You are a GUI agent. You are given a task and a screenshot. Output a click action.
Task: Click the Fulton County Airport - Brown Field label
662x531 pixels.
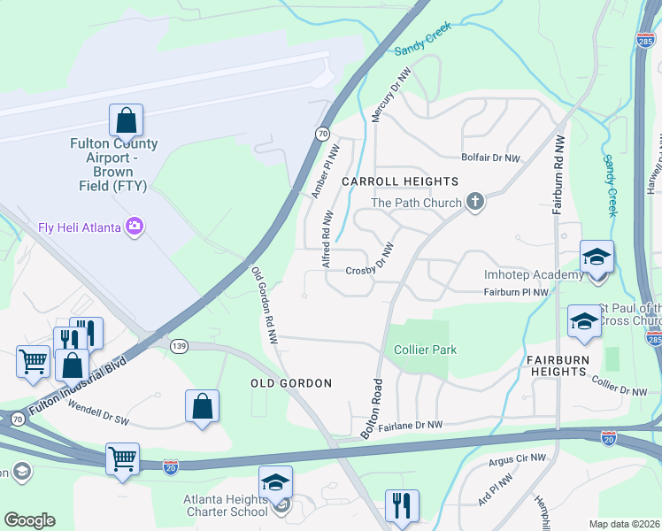(x=114, y=165)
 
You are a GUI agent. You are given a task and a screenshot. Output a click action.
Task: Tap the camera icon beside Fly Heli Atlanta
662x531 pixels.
(x=135, y=227)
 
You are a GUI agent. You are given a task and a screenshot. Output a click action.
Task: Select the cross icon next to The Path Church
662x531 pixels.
(x=475, y=203)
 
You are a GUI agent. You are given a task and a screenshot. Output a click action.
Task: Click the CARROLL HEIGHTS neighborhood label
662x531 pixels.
(x=388, y=181)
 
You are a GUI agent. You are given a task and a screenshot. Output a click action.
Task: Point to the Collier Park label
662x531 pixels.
(x=425, y=350)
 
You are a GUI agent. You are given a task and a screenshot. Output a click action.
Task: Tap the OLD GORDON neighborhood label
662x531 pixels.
(x=290, y=383)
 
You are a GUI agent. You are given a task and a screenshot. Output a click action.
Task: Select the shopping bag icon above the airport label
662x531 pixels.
(x=126, y=119)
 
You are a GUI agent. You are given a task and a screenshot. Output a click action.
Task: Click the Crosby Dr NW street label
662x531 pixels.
(x=368, y=272)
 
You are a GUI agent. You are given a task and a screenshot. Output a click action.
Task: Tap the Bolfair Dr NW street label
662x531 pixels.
(x=490, y=158)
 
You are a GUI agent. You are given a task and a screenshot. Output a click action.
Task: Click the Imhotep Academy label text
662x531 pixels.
(x=534, y=275)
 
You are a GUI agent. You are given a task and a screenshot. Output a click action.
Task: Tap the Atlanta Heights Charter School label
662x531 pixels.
(x=226, y=504)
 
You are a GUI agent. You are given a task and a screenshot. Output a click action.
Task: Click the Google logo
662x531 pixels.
(x=29, y=520)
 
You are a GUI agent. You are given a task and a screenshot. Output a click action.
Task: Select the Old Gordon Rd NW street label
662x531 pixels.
(x=265, y=306)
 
